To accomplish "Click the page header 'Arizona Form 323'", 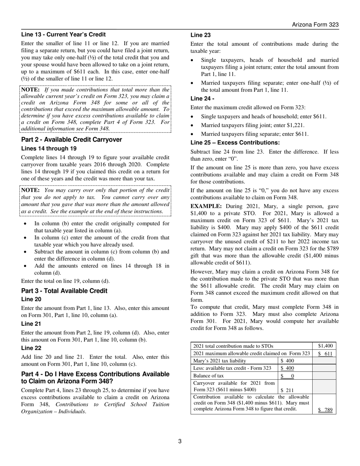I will [x=315, y=25].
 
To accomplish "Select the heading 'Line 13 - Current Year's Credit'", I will [x=63, y=34].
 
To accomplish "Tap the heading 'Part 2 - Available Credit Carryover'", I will [x=72, y=139].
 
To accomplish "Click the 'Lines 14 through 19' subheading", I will [x=49, y=149].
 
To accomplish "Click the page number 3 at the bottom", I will [x=180, y=441].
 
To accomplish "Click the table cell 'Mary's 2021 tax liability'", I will [x=219, y=361].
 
